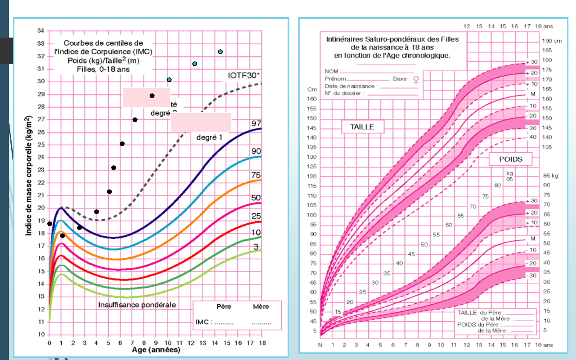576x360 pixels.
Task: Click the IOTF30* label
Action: (244, 76)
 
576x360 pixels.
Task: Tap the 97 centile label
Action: (256, 124)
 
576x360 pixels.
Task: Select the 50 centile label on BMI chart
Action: (256, 198)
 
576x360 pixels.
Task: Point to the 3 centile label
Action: (256, 246)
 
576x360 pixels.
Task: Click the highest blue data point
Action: (220, 52)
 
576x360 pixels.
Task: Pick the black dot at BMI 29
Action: (152, 96)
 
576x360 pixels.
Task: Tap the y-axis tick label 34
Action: (41, 31)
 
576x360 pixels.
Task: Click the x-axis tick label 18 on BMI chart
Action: (262, 343)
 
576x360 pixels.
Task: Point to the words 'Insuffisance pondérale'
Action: (137, 305)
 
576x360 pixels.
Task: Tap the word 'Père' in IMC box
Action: (224, 306)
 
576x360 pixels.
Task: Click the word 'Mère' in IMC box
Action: (261, 306)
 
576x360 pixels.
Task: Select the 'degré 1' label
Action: (209, 137)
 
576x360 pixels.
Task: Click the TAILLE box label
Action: (362, 127)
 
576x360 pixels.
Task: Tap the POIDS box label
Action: (511, 159)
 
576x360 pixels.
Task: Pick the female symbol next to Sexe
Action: (416, 80)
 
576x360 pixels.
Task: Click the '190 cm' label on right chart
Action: (552, 41)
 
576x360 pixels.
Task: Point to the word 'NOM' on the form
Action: (331, 72)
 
